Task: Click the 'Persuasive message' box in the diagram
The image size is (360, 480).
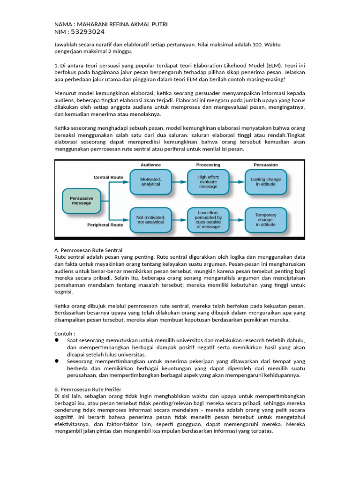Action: click(x=82, y=201)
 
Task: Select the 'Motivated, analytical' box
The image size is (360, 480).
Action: click(x=150, y=181)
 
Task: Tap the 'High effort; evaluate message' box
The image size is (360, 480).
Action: click(x=208, y=181)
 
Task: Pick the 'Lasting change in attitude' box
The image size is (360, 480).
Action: click(x=266, y=181)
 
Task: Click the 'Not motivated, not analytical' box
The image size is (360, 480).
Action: click(x=150, y=220)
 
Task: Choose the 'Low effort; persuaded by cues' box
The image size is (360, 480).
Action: click(x=208, y=220)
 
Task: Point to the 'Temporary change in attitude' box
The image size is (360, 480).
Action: click(x=266, y=220)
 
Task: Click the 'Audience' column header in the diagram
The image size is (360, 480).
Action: click(x=150, y=165)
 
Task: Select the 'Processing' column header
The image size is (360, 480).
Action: click(x=208, y=165)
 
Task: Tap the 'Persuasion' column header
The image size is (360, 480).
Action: click(x=266, y=165)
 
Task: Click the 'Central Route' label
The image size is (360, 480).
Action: click(x=108, y=178)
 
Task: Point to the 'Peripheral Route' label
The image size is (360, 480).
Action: click(x=105, y=225)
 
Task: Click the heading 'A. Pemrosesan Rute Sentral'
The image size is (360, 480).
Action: click(x=89, y=250)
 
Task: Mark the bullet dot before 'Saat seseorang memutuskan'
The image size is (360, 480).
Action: click(x=57, y=340)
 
